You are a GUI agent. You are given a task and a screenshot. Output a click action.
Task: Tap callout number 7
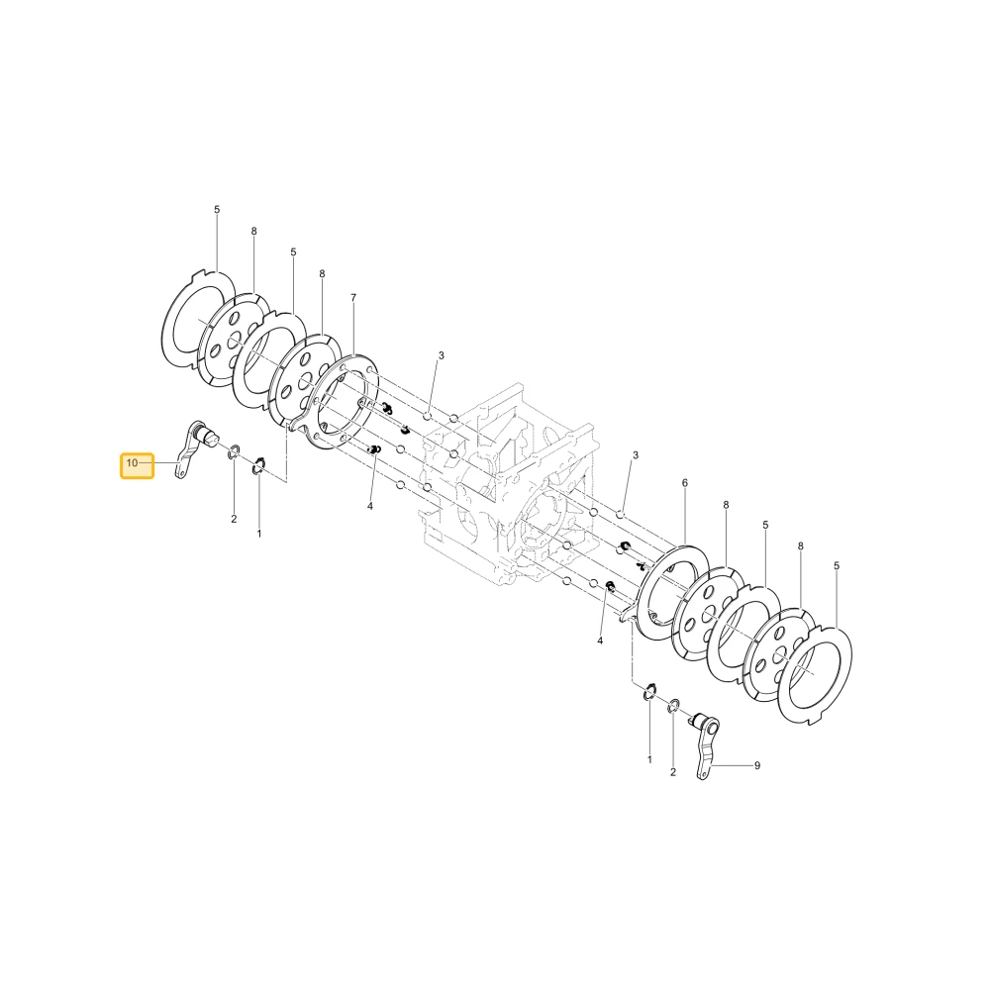click(x=353, y=297)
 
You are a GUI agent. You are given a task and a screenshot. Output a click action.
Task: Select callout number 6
click(x=685, y=483)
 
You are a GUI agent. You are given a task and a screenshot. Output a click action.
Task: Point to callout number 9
click(x=757, y=766)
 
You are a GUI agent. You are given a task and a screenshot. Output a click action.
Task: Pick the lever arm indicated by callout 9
click(x=707, y=745)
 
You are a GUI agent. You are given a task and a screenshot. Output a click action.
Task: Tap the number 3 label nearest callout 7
click(x=442, y=356)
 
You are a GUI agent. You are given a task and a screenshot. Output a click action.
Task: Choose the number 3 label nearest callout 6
click(x=636, y=455)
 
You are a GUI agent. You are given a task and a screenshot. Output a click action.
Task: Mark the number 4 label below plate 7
click(x=370, y=506)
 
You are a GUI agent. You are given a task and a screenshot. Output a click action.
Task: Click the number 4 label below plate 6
click(x=600, y=641)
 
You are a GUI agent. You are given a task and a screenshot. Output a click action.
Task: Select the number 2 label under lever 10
click(x=234, y=519)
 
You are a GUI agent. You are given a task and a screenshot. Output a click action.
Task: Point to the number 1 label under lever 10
click(x=258, y=535)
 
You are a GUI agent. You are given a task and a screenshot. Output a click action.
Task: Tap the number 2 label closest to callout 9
click(x=673, y=772)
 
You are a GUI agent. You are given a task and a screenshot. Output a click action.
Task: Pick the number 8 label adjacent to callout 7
click(x=322, y=274)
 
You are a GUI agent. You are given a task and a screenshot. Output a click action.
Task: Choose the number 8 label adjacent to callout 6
click(x=726, y=505)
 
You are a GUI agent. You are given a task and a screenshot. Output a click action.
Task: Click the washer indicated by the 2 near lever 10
click(x=233, y=451)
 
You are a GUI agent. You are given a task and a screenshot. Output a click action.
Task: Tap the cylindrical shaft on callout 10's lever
click(x=207, y=435)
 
